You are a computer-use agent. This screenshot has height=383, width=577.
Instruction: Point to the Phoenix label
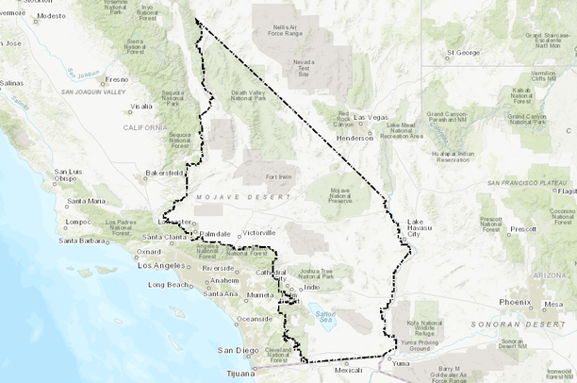[x=515, y=302]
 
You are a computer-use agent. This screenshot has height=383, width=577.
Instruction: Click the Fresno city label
[x=117, y=80]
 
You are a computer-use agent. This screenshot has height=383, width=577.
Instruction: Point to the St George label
[x=464, y=52]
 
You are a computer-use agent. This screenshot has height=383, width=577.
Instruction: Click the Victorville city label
[x=259, y=232]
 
